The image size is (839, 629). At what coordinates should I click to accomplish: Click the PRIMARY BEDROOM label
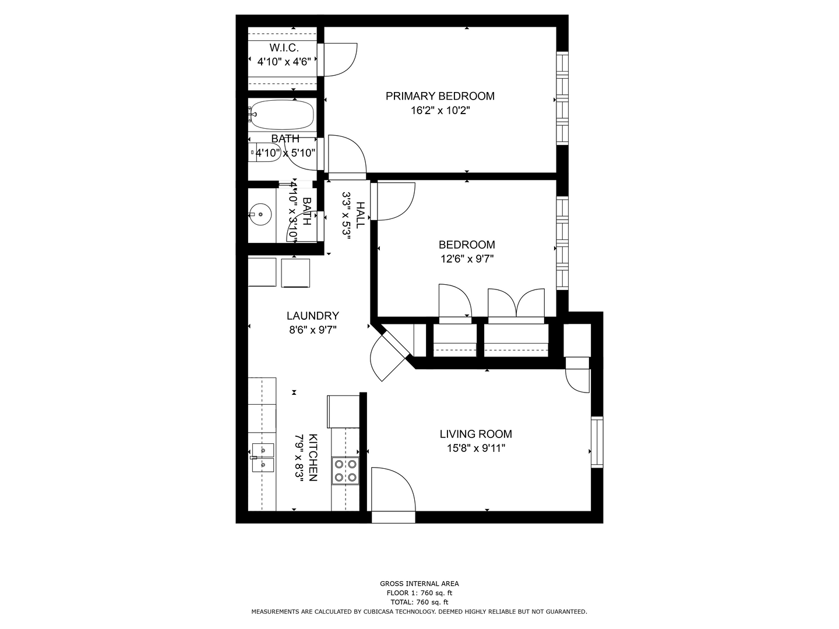(439, 96)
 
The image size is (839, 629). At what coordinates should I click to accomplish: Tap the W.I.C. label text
(284, 48)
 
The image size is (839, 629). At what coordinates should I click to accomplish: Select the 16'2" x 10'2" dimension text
(440, 111)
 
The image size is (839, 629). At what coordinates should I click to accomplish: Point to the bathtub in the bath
(281, 115)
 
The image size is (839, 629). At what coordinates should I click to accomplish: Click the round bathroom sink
(261, 214)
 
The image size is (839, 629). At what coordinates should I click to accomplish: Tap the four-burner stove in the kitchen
(345, 471)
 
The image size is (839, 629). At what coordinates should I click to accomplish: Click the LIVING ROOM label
(475, 434)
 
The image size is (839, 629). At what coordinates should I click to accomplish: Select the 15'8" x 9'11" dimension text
(476, 448)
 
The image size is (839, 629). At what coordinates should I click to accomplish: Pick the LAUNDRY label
(313, 316)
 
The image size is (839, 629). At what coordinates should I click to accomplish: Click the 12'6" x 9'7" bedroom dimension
(467, 259)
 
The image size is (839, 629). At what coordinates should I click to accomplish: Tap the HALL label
(360, 215)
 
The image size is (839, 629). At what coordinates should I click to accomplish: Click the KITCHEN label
(313, 457)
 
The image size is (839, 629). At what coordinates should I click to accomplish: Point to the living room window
(597, 442)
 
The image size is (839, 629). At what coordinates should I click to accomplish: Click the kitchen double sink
(263, 458)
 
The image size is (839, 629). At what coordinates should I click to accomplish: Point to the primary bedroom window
(562, 98)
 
